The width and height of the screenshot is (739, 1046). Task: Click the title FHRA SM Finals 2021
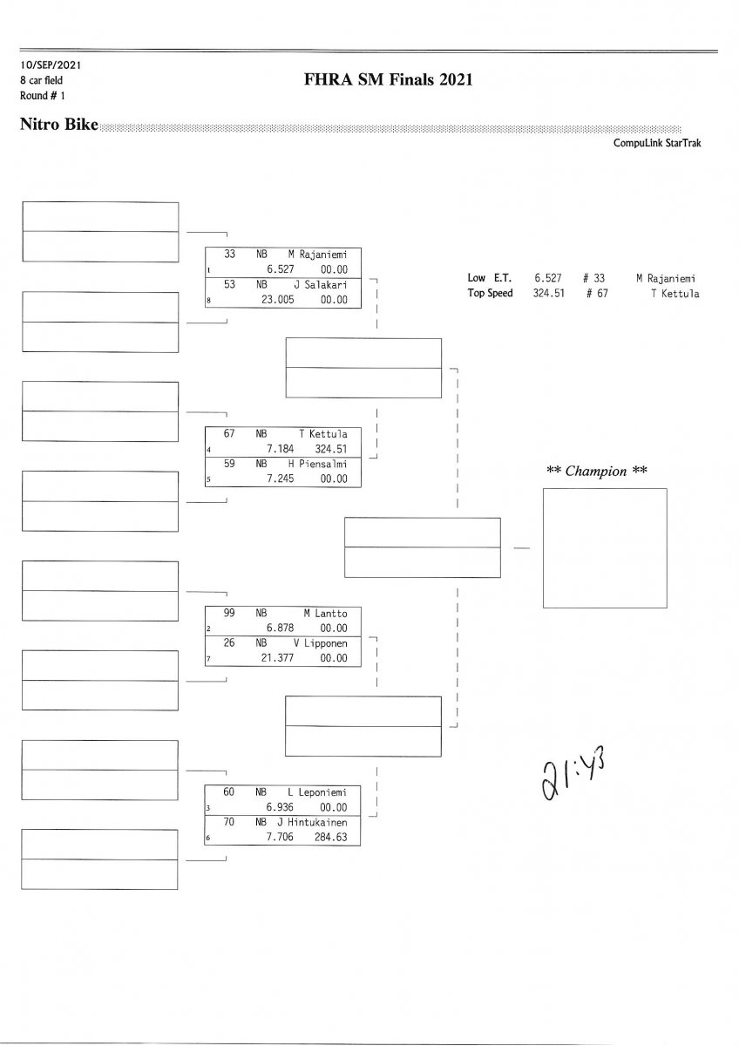coord(388,80)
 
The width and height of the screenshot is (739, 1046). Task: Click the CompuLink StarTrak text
coord(656,144)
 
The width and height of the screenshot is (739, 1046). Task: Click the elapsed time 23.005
coord(278,299)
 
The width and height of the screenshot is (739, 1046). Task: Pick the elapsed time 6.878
coord(281,628)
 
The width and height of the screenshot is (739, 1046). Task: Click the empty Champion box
coord(604,547)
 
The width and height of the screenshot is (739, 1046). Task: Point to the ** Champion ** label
coord(596,471)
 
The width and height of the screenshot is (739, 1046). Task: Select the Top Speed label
coord(490,293)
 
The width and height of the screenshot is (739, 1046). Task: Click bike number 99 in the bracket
coord(229,614)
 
